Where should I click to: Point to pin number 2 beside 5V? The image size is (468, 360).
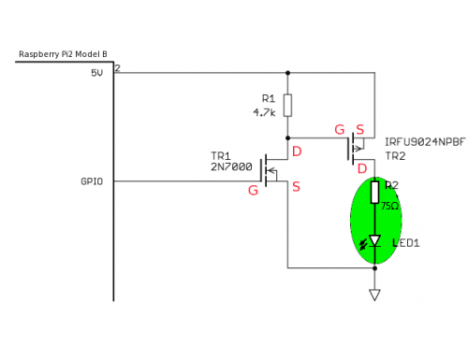118,68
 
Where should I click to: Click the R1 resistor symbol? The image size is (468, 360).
287,104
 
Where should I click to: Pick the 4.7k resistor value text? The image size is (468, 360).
264,111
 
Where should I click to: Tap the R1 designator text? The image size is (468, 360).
268,97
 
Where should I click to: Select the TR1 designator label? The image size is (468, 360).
223,155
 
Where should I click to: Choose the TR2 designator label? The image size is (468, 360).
395,155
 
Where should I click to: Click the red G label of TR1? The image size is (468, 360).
252,190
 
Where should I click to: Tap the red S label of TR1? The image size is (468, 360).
296,187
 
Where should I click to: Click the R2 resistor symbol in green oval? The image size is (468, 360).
374,194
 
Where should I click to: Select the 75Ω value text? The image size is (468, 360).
390,204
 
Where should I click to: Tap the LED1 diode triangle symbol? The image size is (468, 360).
374,240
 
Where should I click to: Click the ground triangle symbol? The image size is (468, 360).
374,295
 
